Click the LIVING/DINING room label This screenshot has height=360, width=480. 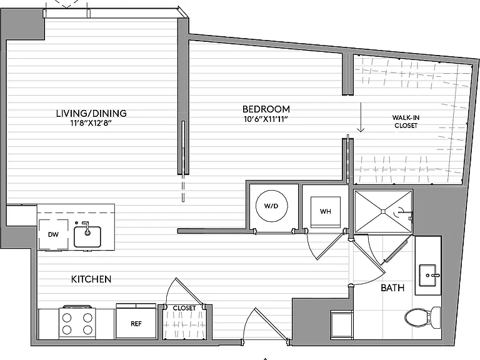tap(91, 113)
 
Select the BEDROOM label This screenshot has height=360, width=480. tap(266, 109)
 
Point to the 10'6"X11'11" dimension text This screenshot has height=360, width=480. tap(266, 119)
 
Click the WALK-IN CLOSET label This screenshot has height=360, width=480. tap(406, 121)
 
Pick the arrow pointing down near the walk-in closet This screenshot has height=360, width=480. tap(361, 117)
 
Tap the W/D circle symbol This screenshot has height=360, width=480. tap(271, 206)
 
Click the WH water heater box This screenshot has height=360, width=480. tap(326, 212)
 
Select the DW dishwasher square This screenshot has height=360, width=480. tap(53, 234)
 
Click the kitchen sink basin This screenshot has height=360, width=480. tap(87, 237)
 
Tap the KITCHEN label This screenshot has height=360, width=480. tap(91, 279)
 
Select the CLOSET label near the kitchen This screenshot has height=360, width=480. tap(184, 308)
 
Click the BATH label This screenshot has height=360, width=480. tap(392, 287)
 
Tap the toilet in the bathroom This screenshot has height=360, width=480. tap(422, 317)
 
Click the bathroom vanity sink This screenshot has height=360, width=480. tap(428, 276)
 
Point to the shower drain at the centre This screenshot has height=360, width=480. tap(383, 211)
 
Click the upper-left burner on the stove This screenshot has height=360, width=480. tap(67, 318)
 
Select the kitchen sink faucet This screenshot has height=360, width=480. tap(87, 228)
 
